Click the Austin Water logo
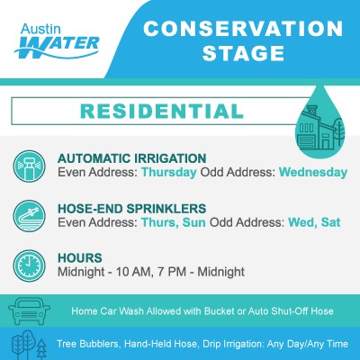[57, 41]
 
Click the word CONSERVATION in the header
[243, 29]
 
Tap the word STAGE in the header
[243, 53]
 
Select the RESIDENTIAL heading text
[162, 111]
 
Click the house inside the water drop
[319, 129]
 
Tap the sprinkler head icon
[29, 166]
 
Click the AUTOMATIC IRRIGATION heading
[132, 158]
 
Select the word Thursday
[169, 173]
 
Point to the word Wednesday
[313, 173]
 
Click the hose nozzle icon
[29, 216]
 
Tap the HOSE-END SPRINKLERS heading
[132, 209]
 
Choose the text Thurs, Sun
[174, 222]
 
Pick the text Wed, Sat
[314, 222]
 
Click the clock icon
[29, 265]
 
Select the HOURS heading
[80, 258]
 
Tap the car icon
[29, 310]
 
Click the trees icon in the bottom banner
[29, 345]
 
